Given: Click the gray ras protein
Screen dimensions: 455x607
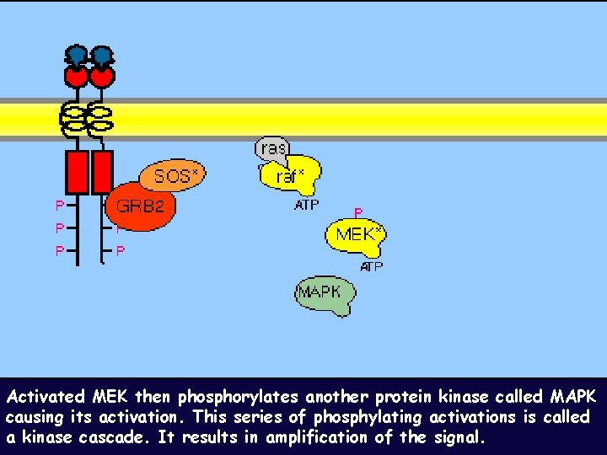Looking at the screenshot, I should pos(271,147).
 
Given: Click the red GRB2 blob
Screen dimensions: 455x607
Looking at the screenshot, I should pos(142,206).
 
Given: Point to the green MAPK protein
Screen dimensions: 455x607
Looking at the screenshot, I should pos(323,294).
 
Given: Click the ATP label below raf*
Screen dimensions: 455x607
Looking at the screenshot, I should pos(306,205).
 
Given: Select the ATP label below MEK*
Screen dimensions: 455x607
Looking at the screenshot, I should pos(371,267).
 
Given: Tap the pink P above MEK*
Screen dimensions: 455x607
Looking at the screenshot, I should pos(358,214).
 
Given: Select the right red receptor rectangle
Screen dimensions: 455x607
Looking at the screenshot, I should pos(102,172).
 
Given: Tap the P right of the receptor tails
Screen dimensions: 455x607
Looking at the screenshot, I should pos(121,250).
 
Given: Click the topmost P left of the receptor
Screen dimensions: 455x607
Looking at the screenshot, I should pos(59,205).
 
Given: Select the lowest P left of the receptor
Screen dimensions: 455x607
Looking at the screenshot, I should pos(59,250).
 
